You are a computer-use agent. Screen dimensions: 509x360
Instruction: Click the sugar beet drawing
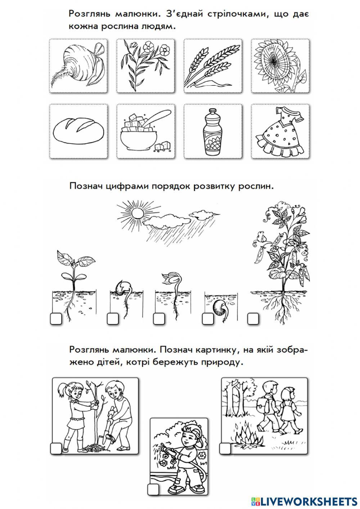click(x=78, y=66)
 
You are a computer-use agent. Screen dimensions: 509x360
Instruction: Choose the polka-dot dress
click(x=279, y=132)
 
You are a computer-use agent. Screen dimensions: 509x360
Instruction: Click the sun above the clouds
click(x=137, y=214)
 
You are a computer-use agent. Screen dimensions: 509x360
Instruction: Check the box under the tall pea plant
click(x=253, y=318)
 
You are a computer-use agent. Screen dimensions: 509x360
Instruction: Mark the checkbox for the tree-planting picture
click(x=56, y=448)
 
